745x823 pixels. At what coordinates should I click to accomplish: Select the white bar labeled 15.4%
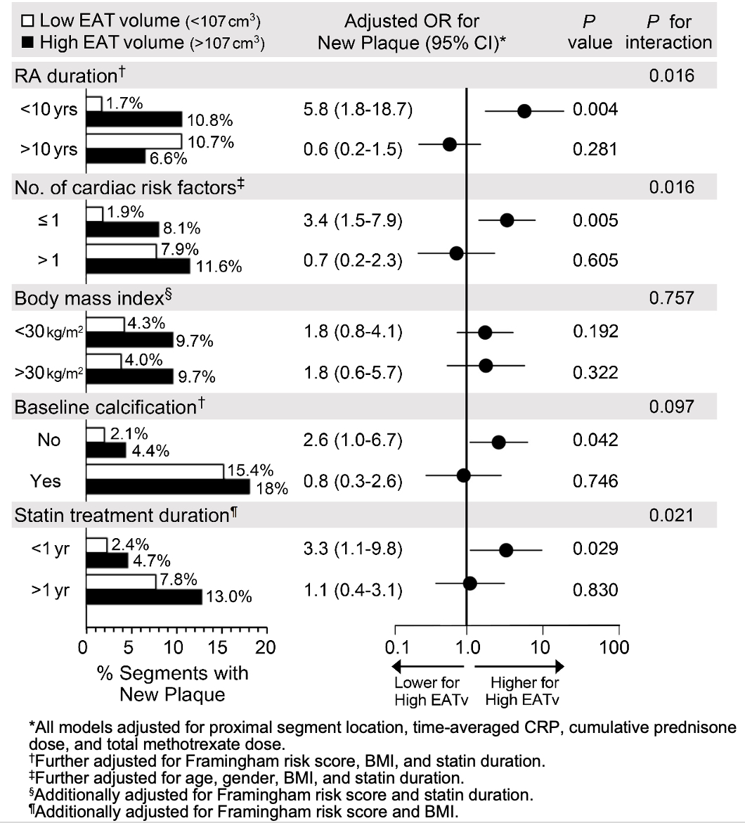click(155, 471)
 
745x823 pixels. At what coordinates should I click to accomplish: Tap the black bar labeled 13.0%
click(143, 596)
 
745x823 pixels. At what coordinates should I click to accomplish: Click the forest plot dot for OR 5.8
click(524, 110)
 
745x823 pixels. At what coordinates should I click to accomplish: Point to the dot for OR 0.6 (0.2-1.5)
click(450, 144)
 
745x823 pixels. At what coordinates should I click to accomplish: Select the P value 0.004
click(595, 110)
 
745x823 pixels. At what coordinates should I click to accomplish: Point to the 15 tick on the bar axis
click(221, 646)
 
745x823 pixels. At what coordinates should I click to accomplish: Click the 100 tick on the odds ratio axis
click(618, 646)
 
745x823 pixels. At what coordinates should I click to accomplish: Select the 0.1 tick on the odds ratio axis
click(396, 646)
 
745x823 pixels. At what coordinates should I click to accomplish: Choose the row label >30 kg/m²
click(48, 372)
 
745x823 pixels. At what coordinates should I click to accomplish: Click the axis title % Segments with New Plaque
click(172, 684)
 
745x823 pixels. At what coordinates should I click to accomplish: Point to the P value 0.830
click(595, 589)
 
